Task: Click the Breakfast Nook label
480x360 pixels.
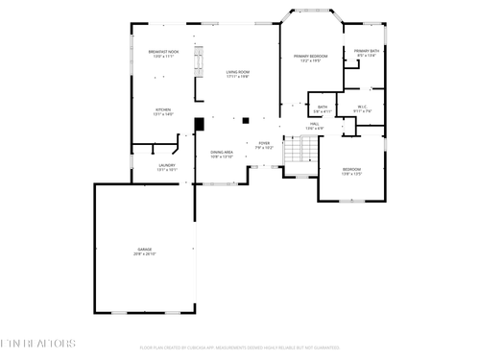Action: (163, 51)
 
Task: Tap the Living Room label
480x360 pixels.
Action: (238, 72)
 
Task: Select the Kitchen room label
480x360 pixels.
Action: (164, 109)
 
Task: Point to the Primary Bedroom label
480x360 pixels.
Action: (311, 56)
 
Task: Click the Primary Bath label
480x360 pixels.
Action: (367, 51)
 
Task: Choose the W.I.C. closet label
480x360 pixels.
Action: (363, 107)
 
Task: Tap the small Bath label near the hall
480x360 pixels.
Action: (323, 107)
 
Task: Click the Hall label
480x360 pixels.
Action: (315, 124)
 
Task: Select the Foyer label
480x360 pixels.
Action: (265, 144)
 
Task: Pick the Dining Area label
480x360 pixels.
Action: (222, 153)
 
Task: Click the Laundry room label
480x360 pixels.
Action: (166, 166)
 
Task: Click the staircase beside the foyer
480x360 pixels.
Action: (304, 149)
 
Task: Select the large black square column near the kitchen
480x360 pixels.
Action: (199, 123)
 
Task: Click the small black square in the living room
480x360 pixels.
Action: (246, 120)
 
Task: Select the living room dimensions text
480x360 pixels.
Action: (238, 77)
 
